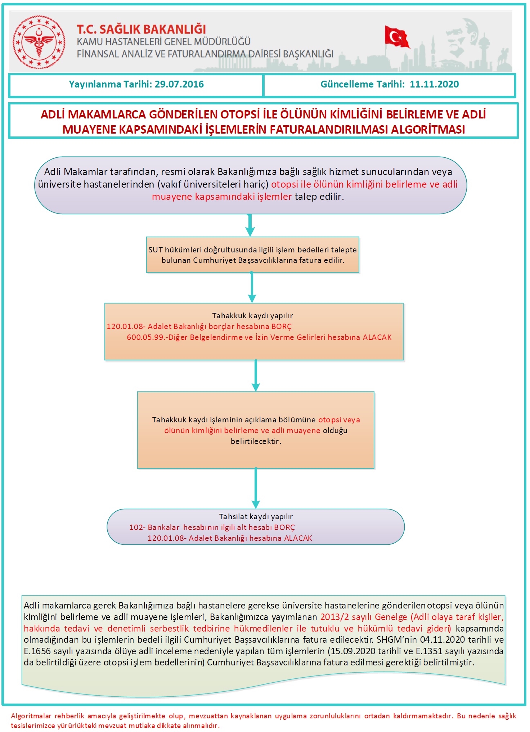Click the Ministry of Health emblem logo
coord(39,42)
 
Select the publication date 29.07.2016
coord(179,84)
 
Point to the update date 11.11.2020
coord(434,84)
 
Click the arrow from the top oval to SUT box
coord(250,225)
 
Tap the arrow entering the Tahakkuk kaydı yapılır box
coord(252,288)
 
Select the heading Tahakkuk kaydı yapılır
coord(252,316)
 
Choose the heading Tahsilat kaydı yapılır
coord(256,517)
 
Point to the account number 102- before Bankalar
coord(137,527)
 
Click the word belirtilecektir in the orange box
coord(256,441)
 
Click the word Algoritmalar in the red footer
coord(31,716)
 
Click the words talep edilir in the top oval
coord(319,197)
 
